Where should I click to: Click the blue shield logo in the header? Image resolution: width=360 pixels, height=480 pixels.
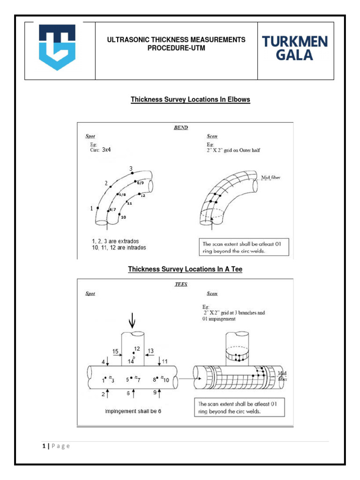(x=57, y=47)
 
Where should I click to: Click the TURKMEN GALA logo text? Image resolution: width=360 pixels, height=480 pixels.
(x=295, y=49)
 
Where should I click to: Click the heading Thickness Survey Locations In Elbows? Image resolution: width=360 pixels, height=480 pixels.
(x=190, y=100)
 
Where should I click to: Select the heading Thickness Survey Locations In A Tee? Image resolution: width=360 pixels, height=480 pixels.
(x=185, y=270)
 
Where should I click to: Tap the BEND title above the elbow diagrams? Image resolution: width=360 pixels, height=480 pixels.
(x=181, y=127)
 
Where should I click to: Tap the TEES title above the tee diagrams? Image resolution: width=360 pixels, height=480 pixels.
(x=181, y=284)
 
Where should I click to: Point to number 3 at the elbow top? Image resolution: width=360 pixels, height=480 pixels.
(x=131, y=168)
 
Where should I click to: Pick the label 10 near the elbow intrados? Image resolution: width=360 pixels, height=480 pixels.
(x=123, y=217)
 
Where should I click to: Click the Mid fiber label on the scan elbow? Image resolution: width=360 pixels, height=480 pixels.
(x=277, y=178)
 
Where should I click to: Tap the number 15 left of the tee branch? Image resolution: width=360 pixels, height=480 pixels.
(x=115, y=351)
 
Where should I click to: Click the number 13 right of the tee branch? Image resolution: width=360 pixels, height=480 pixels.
(x=151, y=351)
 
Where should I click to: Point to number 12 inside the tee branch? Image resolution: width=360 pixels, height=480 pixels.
(x=137, y=349)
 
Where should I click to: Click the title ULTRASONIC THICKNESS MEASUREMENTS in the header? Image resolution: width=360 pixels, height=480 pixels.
(x=176, y=40)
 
